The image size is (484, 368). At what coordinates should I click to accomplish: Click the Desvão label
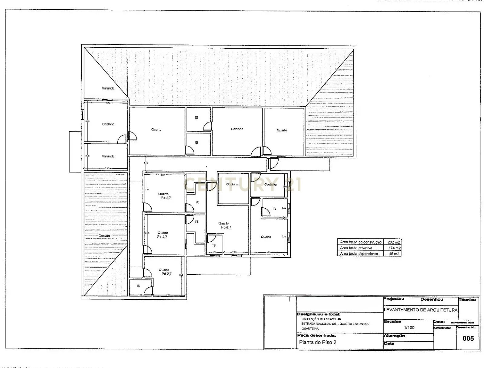click(x=104, y=236)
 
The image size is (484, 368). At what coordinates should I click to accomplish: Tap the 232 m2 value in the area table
click(x=394, y=242)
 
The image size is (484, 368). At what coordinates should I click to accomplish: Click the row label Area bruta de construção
click(x=361, y=242)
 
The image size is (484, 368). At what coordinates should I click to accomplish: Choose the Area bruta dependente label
click(x=359, y=254)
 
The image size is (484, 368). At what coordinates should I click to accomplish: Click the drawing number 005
click(x=468, y=338)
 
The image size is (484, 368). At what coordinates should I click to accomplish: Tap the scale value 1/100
click(x=409, y=328)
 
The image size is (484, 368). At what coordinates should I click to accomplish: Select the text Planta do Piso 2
click(x=318, y=342)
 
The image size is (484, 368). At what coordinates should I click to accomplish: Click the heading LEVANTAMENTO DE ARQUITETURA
click(x=421, y=310)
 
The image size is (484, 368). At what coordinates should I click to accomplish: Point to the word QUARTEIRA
click(x=310, y=329)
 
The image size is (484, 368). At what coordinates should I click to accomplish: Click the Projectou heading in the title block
click(x=394, y=299)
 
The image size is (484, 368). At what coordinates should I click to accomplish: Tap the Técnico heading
click(x=467, y=300)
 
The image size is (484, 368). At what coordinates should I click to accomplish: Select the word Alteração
click(x=394, y=336)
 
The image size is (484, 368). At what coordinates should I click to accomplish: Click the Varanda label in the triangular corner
click(x=108, y=88)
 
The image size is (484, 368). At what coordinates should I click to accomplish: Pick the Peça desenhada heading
click(x=316, y=335)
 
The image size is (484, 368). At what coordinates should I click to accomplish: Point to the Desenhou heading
click(x=432, y=299)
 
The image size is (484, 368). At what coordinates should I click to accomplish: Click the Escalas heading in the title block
click(x=392, y=321)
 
